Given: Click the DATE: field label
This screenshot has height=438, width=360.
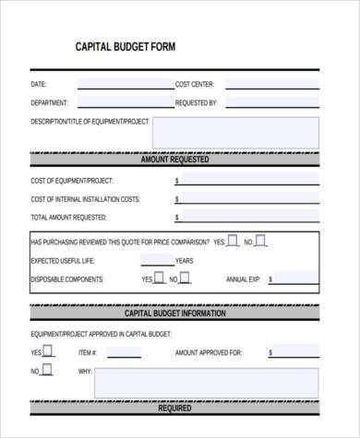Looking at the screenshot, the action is (38, 84).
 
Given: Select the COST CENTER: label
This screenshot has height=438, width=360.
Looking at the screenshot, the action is (194, 84).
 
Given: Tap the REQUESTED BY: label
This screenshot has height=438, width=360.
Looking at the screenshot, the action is (196, 102).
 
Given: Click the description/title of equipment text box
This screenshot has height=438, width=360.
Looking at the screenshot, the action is (234, 131).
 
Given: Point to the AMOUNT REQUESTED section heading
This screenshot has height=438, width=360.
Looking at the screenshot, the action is (174, 160).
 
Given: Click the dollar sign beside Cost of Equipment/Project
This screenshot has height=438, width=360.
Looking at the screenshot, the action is (177, 181).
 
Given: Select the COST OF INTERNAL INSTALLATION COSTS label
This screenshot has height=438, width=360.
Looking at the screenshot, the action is (85, 199).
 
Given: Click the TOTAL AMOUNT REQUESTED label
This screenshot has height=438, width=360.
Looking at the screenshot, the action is (68, 218).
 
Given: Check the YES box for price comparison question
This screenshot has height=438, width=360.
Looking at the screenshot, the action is (233, 241).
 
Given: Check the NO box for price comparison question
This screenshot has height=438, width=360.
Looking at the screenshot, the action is (261, 241).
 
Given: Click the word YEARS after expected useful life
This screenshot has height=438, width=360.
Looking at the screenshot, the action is (185, 260).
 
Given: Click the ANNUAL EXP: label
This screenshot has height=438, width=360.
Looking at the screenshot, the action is (244, 278).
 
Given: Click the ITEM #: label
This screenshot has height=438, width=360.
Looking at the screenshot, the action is (88, 352).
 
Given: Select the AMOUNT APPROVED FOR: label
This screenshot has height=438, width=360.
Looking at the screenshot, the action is (208, 352).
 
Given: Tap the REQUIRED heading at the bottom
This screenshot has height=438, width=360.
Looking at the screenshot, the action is (174, 407).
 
